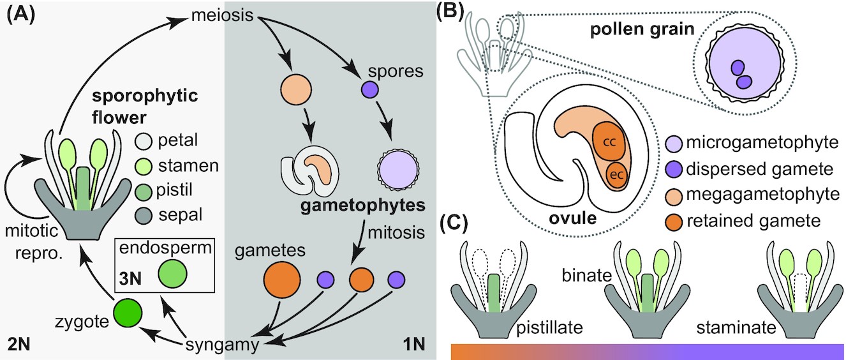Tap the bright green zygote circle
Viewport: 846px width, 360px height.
click(127, 315)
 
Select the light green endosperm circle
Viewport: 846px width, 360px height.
click(172, 274)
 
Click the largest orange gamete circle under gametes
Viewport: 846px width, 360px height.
click(283, 280)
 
